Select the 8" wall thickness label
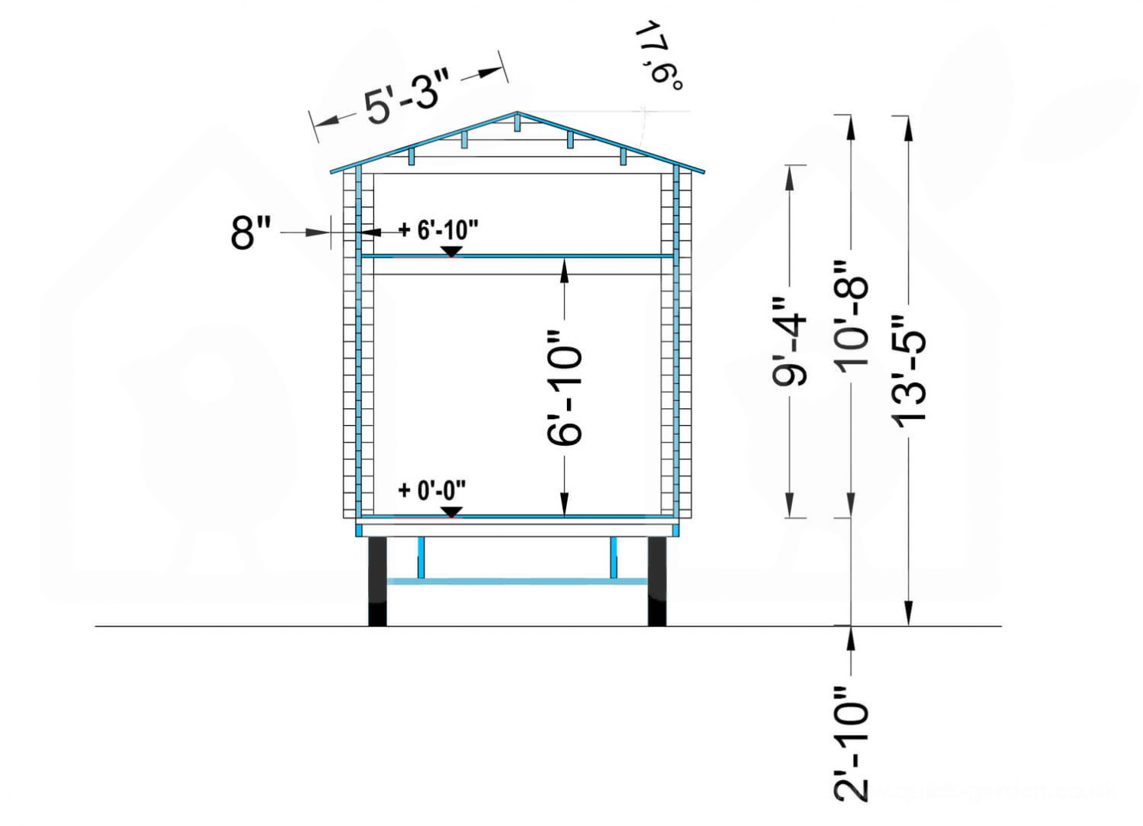pyautogui.click(x=250, y=233)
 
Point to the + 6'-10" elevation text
pyautogui.click(x=439, y=230)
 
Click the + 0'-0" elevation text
pyautogui.click(x=432, y=490)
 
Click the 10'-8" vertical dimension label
pyautogui.click(x=851, y=320)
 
